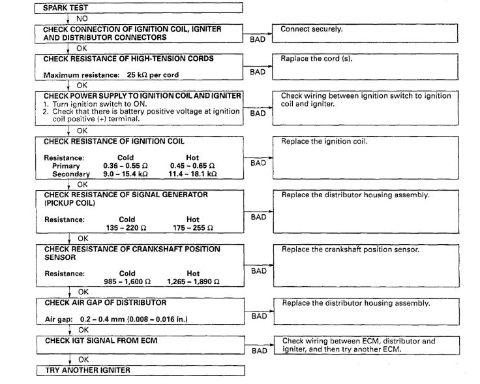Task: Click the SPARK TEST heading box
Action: point(140,7)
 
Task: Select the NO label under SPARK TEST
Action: point(82,19)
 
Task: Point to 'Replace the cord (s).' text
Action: point(314,59)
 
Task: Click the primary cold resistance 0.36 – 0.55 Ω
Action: point(125,166)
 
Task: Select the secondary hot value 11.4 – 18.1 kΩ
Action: point(193,174)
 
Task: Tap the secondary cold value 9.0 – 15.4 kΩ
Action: point(125,174)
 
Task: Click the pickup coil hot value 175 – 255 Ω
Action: point(192,227)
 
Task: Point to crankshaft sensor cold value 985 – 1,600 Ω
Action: point(127,281)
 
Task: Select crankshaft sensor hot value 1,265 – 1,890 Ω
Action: point(193,281)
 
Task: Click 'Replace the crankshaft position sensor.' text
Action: point(350,249)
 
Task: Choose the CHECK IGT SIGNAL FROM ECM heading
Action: point(100,340)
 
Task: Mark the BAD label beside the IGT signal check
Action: point(259,351)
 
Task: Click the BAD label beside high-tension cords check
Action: point(258,72)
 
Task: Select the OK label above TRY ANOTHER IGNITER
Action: point(83,359)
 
